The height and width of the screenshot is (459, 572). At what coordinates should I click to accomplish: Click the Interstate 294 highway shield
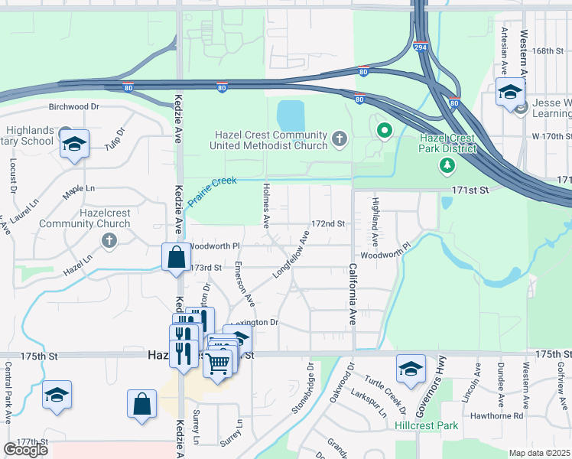(x=421, y=47)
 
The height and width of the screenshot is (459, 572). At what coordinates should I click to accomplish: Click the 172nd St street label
(x=329, y=224)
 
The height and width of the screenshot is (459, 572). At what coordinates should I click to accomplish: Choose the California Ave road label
(x=353, y=295)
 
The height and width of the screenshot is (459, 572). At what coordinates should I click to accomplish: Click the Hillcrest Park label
(x=426, y=425)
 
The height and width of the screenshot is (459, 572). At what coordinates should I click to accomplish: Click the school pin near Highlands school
(x=75, y=143)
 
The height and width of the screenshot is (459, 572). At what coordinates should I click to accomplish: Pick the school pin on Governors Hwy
(x=411, y=369)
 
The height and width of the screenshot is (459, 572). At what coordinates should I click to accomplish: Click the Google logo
(x=25, y=450)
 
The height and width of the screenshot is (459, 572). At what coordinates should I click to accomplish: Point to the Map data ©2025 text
(x=540, y=453)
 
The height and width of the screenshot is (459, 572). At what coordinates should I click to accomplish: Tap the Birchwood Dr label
(x=74, y=107)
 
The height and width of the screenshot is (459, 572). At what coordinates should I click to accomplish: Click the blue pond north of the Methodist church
(x=291, y=116)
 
